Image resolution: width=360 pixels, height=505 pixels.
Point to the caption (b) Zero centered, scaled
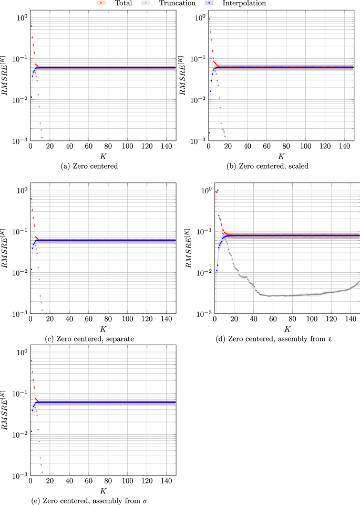coord(281,166)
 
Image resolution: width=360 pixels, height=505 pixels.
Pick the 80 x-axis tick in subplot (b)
coord(286,147)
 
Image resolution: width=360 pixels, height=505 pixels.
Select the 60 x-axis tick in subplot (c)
coord(88,320)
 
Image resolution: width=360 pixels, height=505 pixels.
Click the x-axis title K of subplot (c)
coord(103,329)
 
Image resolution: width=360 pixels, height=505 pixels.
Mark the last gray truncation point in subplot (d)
coord(359,282)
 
